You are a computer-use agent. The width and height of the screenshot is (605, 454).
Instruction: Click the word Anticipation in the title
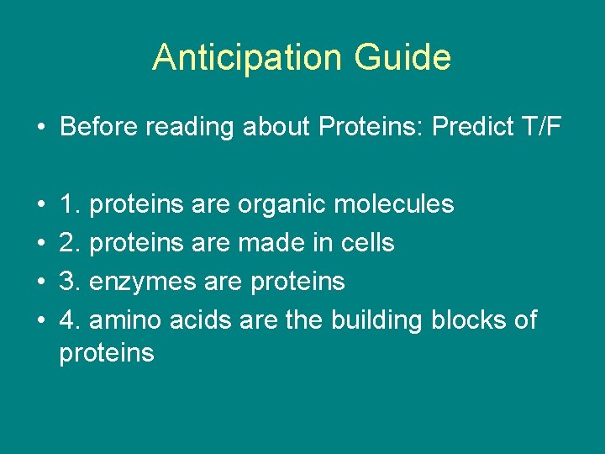point(248,57)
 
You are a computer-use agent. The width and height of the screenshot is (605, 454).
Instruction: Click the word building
point(376,319)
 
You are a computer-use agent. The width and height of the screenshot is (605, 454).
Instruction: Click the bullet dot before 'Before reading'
point(39,128)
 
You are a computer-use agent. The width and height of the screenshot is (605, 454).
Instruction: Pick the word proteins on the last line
point(107,353)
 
